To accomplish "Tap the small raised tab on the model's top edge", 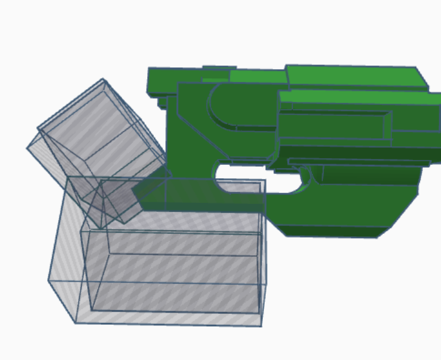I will point(219,67).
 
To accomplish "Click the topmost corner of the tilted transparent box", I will point(104,79).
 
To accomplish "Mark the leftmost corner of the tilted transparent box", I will point(28,147).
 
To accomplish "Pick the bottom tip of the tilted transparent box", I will point(124,223).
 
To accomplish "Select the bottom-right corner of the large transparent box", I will point(260,325).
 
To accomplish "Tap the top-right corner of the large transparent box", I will point(265,180).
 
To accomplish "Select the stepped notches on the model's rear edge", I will point(161,101).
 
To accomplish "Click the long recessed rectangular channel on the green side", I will point(333,125).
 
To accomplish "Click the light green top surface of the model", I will point(351,76).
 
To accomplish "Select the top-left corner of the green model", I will point(149,70).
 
